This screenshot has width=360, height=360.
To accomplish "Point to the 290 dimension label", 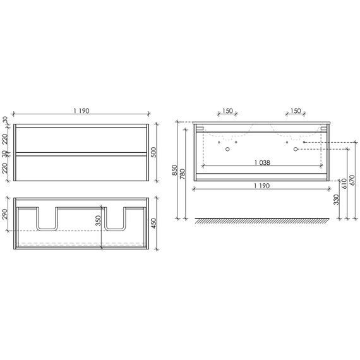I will [x=6, y=213].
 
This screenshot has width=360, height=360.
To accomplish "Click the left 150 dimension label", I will [x=227, y=112].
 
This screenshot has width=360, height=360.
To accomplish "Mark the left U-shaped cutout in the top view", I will [x=48, y=218].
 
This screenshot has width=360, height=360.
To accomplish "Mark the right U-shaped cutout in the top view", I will [x=115, y=218].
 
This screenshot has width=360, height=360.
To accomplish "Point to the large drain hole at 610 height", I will [x=295, y=150].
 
